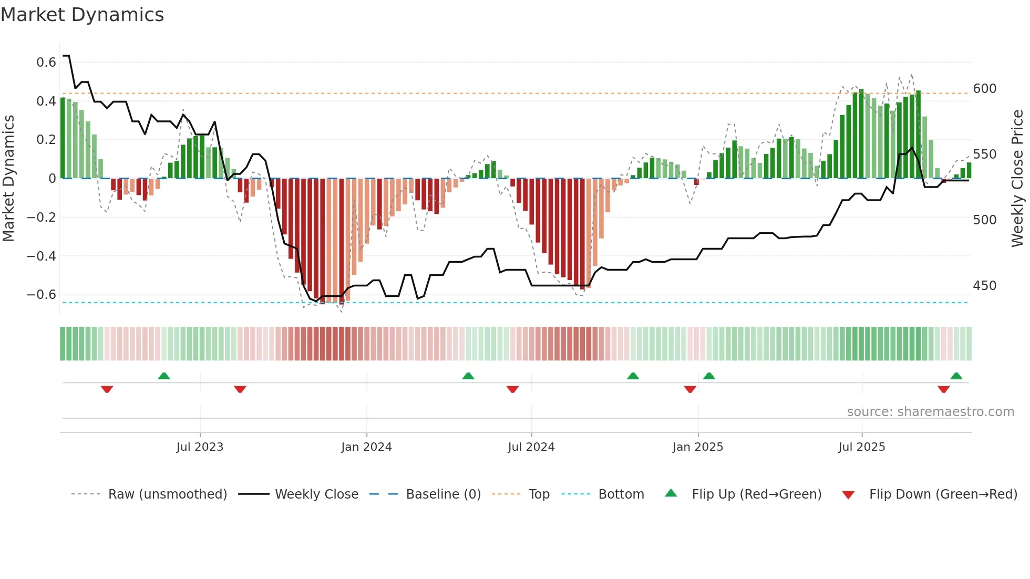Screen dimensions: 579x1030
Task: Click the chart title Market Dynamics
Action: pyautogui.click(x=82, y=15)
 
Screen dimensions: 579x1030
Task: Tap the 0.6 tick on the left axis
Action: pyautogui.click(x=46, y=63)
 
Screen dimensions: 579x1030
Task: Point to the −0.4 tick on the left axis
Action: pyautogui.click(x=42, y=256)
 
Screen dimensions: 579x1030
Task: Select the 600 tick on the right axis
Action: pyautogui.click(x=984, y=89)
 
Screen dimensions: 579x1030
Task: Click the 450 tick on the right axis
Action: pyautogui.click(x=984, y=286)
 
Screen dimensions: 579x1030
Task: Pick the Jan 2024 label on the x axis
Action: pyautogui.click(x=366, y=447)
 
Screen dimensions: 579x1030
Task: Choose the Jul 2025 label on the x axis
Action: pyautogui.click(x=861, y=447)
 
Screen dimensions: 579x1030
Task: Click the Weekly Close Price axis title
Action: pyautogui.click(x=1017, y=179)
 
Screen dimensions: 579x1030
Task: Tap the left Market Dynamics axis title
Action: pyautogui.click(x=8, y=179)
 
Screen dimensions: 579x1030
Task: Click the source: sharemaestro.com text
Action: pyautogui.click(x=930, y=412)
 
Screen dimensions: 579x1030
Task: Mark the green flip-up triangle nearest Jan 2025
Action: pyautogui.click(x=709, y=376)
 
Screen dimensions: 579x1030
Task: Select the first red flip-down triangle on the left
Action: pyautogui.click(x=107, y=389)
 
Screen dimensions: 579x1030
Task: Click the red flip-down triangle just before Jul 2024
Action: pyautogui.click(x=512, y=389)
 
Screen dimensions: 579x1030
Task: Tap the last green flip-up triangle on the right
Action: pyautogui.click(x=956, y=376)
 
